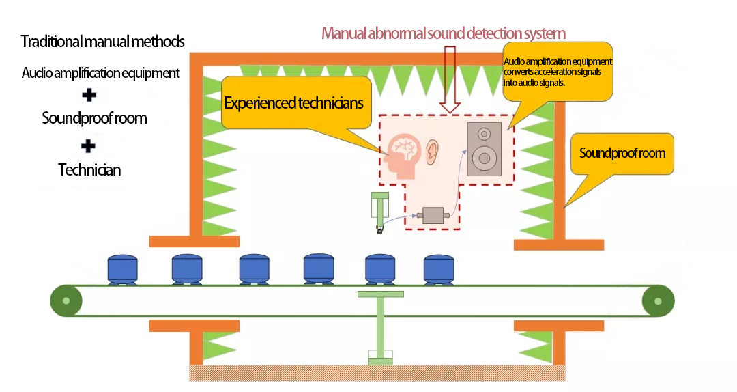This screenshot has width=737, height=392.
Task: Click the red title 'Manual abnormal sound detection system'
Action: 444,33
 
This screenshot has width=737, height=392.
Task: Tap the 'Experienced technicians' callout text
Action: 293,103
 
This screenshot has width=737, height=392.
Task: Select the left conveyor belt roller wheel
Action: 66,300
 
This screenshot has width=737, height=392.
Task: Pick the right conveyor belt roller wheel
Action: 658,300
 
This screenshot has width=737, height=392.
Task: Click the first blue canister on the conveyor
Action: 123,268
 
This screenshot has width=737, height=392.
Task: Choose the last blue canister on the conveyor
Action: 439,268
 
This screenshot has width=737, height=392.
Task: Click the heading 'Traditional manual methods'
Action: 103,42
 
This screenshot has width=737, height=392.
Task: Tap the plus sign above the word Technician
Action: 88,145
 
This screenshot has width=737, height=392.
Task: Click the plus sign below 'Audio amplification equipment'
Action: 88,95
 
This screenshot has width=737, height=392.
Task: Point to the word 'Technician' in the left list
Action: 89,170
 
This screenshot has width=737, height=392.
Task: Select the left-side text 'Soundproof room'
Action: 94,118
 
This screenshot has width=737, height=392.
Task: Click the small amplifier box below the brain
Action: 433,215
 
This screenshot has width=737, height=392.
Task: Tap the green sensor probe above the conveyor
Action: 379,212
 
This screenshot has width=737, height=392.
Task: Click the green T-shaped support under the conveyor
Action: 380,321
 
